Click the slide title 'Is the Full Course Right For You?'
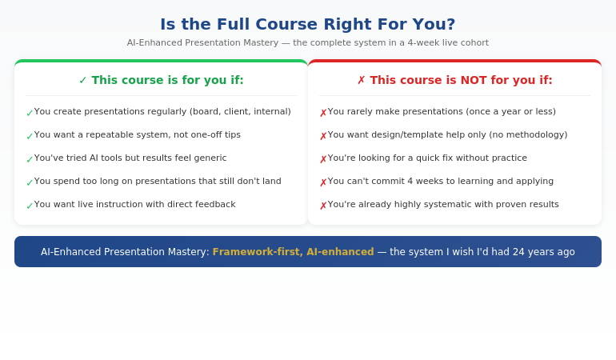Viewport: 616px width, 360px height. [308, 24]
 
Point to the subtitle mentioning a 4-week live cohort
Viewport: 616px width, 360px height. [308, 43]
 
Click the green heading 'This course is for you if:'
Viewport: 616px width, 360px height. [167, 80]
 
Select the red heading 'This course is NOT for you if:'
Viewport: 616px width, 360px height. [461, 80]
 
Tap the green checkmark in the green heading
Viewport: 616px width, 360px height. [83, 80]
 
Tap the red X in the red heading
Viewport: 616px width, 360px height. [362, 80]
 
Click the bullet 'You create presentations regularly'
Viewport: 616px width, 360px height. [162, 112]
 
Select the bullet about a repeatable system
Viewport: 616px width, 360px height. [137, 135]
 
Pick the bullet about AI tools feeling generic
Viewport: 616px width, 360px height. [130, 158]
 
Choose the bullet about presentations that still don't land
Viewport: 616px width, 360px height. [158, 182]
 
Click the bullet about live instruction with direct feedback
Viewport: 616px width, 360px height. [134, 205]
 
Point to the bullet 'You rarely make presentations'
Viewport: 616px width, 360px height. [442, 112]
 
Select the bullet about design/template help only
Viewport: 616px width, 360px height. [447, 135]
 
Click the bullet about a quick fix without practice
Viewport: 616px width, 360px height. [427, 158]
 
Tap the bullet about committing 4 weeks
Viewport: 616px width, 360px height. [440, 182]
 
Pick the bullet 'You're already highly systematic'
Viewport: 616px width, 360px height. [443, 205]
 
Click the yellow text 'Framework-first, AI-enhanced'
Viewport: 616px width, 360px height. [293, 252]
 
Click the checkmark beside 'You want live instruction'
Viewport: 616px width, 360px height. [30, 206]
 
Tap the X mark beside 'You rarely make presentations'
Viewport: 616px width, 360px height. [323, 113]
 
